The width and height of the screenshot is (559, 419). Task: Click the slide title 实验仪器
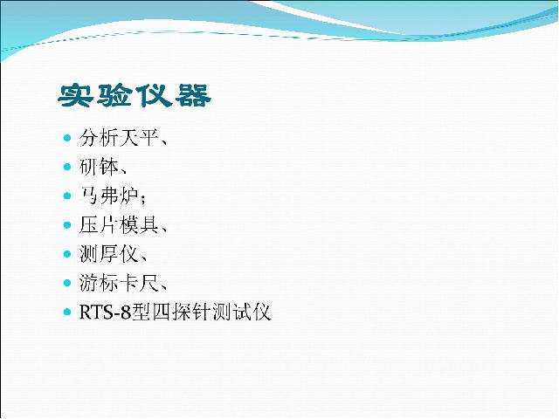[135, 96]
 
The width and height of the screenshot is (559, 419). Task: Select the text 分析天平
[119, 138]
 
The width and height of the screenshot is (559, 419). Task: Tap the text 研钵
[99, 167]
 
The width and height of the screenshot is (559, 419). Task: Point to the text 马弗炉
[108, 196]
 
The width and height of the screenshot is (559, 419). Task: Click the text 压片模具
[119, 225]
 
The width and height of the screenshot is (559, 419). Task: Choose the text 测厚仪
[108, 254]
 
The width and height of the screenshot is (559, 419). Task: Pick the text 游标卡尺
[119, 283]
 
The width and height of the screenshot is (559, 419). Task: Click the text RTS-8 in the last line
[105, 313]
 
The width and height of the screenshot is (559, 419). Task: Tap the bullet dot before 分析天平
[67, 138]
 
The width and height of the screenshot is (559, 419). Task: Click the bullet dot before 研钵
[67, 167]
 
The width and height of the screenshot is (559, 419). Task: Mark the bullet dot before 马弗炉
[67, 196]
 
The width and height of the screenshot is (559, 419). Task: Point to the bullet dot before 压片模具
[67, 225]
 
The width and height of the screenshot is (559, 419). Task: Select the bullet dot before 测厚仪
[67, 254]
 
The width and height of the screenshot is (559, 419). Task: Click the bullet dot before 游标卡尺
[67, 283]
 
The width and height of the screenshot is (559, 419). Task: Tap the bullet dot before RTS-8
[67, 313]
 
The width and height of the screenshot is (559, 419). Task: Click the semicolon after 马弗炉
[143, 199]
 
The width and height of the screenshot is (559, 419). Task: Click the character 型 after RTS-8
[141, 313]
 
